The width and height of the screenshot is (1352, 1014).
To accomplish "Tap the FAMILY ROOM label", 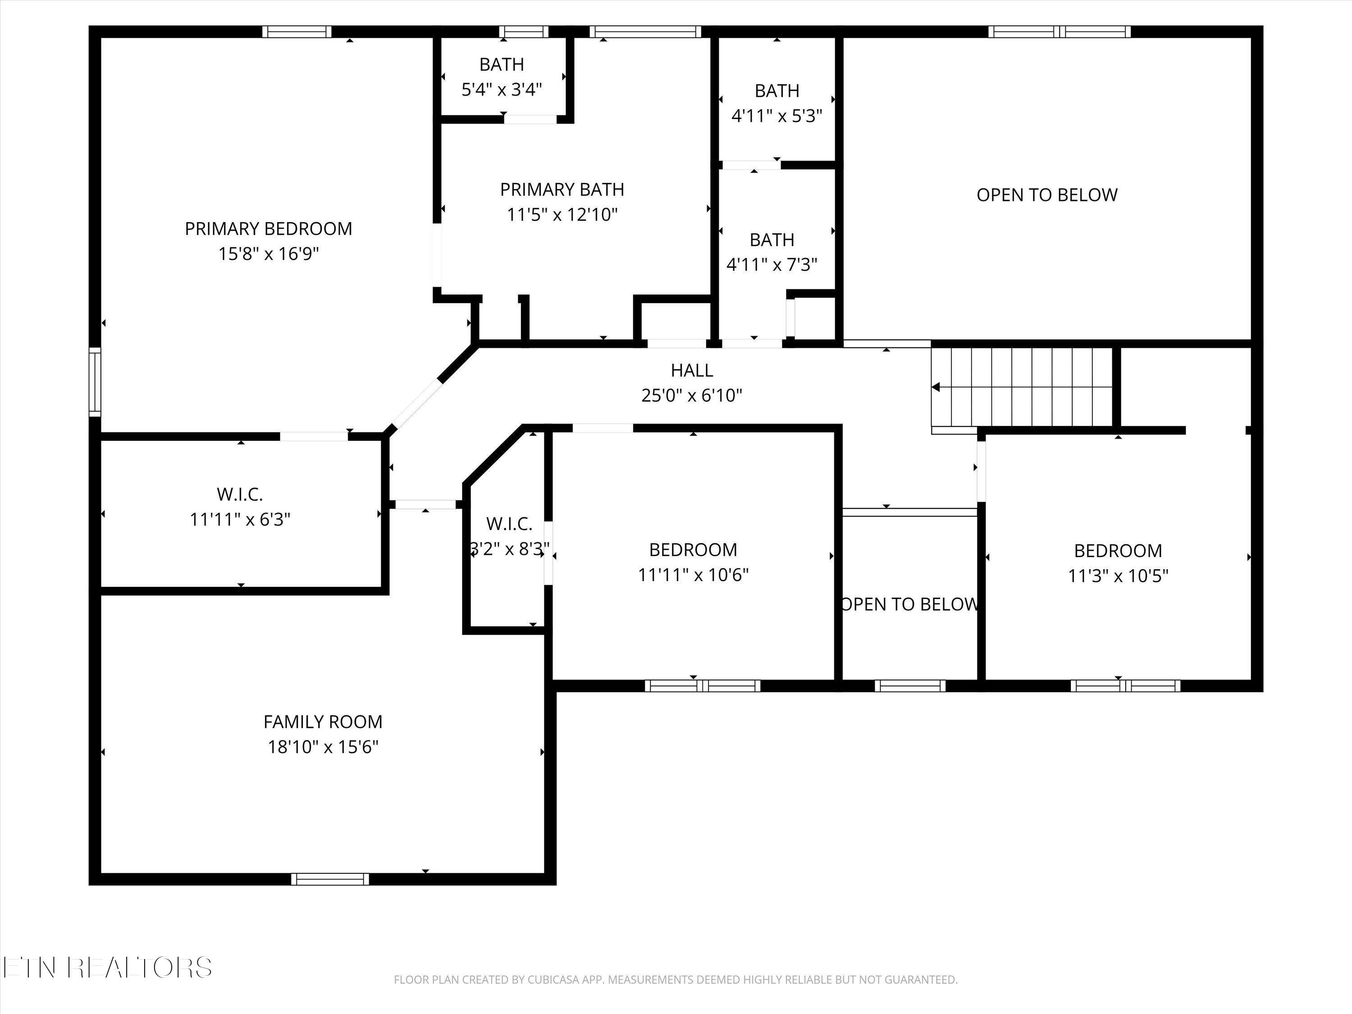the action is click(x=323, y=722).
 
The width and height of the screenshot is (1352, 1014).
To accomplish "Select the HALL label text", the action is click(x=692, y=370).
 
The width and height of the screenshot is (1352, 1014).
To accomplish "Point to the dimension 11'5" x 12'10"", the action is click(x=562, y=215).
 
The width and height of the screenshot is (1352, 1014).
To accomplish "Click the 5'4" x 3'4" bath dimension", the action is click(x=502, y=90).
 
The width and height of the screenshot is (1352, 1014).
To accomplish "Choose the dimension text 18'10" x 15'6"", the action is click(x=323, y=747).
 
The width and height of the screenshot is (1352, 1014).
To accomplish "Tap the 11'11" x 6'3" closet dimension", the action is click(x=240, y=520).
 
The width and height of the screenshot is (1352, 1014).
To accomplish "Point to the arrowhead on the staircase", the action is click(x=935, y=387).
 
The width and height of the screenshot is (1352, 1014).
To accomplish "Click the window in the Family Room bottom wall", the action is click(x=330, y=879).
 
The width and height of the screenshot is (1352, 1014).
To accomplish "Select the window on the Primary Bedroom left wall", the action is click(x=95, y=382).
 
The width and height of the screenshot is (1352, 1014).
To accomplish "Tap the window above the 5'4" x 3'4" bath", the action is click(x=524, y=31).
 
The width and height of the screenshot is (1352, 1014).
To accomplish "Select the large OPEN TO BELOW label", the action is click(x=1047, y=195).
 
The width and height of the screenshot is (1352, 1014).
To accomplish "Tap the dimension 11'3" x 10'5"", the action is click(x=1118, y=576).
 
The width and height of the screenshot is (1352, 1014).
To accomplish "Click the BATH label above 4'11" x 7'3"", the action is click(x=772, y=240).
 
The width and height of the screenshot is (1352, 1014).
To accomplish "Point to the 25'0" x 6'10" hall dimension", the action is click(x=692, y=395).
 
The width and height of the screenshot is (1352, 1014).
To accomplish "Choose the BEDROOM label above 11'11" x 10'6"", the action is click(x=693, y=549).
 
